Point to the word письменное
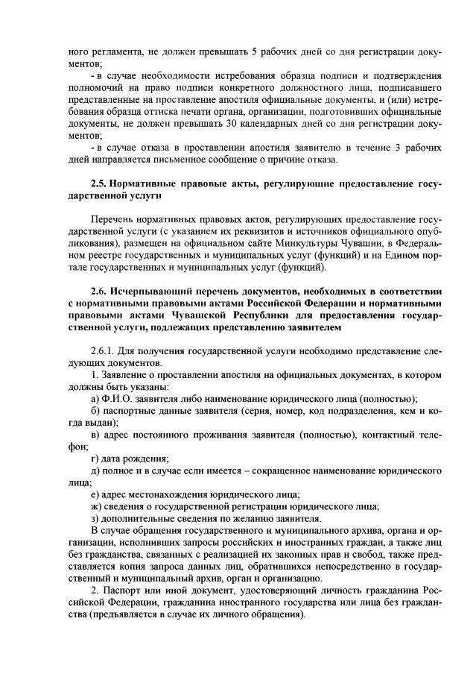coord(182,160)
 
